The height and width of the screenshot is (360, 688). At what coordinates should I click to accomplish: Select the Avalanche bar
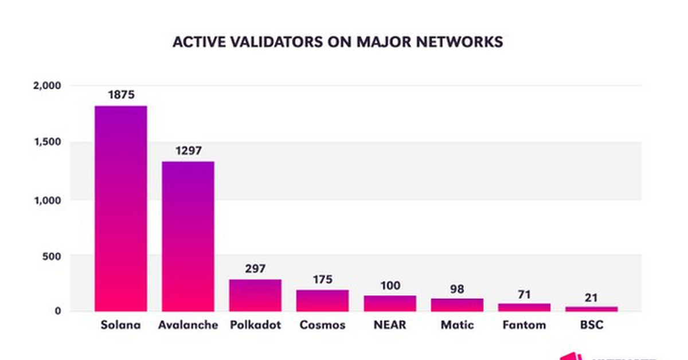(x=188, y=236)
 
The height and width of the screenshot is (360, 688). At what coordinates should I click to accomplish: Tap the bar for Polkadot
(x=255, y=295)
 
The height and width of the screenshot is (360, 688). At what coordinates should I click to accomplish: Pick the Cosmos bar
(x=322, y=300)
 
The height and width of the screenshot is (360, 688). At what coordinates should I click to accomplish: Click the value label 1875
(x=121, y=95)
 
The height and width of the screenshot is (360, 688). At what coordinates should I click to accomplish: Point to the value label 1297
(x=188, y=151)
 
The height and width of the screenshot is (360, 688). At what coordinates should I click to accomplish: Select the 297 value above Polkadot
(x=255, y=268)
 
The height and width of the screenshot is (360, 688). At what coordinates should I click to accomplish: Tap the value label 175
(x=322, y=279)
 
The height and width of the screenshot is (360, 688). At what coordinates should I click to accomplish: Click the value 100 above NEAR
(x=389, y=285)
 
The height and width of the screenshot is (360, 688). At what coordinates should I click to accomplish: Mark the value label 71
(x=524, y=294)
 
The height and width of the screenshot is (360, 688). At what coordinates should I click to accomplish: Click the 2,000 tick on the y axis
(x=48, y=86)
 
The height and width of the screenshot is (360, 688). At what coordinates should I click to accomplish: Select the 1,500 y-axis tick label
(x=48, y=142)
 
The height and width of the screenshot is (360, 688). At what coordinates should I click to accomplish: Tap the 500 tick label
(x=50, y=256)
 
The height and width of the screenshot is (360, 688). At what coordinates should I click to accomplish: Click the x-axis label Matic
(x=457, y=325)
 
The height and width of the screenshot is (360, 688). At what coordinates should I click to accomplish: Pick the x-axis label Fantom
(x=524, y=325)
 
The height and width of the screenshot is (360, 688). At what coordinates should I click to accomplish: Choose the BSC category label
(x=591, y=325)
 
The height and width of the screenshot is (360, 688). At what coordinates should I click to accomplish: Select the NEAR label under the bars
(x=389, y=325)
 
